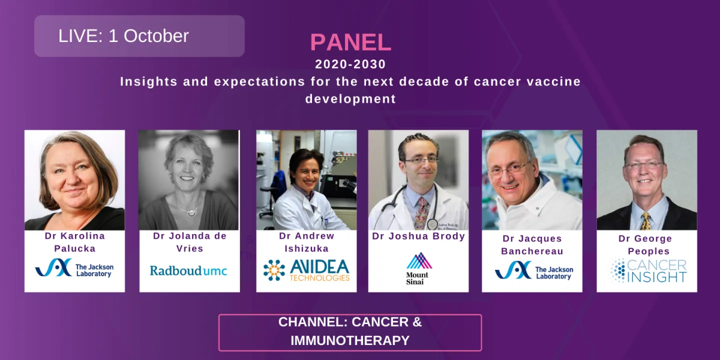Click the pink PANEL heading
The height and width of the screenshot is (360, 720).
350,42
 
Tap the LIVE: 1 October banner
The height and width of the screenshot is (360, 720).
139,36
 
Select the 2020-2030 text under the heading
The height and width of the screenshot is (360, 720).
350,64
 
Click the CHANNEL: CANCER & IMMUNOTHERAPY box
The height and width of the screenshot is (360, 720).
350,331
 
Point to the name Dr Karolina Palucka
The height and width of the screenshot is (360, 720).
74,242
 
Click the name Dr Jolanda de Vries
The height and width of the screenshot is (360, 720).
189,242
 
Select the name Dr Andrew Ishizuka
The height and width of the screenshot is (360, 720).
306,242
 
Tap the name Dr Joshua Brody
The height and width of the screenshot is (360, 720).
418,236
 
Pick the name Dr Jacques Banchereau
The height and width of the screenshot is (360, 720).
532,245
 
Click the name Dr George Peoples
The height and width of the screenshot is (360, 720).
647,245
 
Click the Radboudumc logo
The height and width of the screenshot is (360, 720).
188,270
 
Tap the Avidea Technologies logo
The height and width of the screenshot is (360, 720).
306,270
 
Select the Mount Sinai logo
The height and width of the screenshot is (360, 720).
418,268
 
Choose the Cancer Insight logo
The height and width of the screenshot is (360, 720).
647,270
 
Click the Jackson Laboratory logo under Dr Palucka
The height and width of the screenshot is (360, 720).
74,268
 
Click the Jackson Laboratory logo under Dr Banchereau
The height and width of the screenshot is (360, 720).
533,270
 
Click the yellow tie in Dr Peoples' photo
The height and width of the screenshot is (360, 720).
645,221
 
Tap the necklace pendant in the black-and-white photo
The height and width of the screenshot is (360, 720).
191,212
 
